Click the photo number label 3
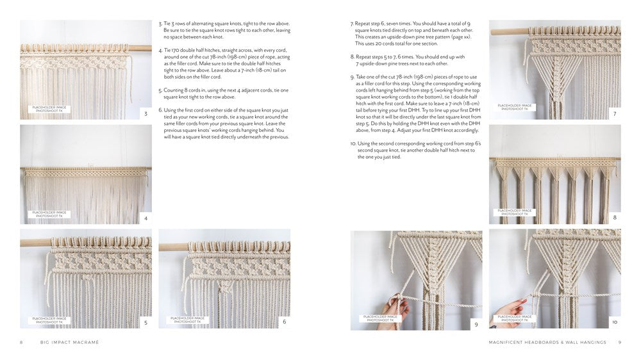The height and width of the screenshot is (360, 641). [x=146, y=113]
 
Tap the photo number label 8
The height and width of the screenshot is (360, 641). [x=615, y=218]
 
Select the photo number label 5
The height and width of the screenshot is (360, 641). [x=146, y=322]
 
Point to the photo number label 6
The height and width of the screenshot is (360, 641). [x=284, y=322]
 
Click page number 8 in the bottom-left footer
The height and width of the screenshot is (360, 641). [x=21, y=343]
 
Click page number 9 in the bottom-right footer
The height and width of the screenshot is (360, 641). [x=619, y=343]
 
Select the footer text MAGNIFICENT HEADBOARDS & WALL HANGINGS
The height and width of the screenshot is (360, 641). [x=547, y=343]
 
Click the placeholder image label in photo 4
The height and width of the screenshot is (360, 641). [x=47, y=214]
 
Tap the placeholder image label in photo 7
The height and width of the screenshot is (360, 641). [x=515, y=106]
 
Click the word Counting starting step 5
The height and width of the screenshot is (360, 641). [x=174, y=90]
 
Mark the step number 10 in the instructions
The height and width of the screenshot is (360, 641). [x=353, y=144]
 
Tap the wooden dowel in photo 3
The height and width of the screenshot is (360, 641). [x=77, y=46]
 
